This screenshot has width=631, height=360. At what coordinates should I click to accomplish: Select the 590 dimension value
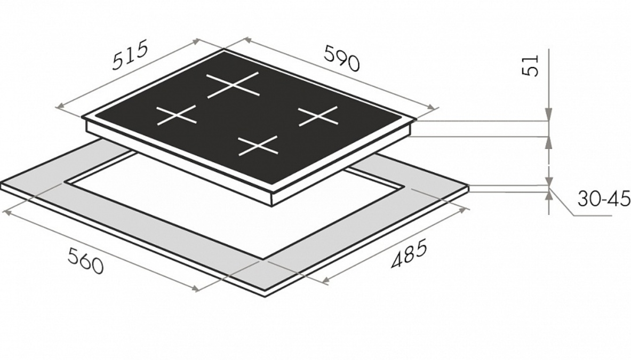coord(341,58)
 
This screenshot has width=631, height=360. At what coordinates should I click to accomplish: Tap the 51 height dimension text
coord(530,66)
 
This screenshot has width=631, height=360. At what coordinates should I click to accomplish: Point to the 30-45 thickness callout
coord(604,199)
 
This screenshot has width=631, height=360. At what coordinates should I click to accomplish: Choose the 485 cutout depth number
coord(409,254)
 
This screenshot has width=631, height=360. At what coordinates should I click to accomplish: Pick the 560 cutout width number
coord(85,261)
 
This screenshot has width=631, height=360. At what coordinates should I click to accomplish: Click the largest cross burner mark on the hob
coord(233,85)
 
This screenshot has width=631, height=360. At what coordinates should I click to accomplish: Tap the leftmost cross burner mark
coord(176,115)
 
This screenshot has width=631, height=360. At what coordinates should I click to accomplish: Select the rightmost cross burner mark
coord(318,116)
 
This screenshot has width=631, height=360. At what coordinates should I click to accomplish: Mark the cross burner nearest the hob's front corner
coord(258,145)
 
